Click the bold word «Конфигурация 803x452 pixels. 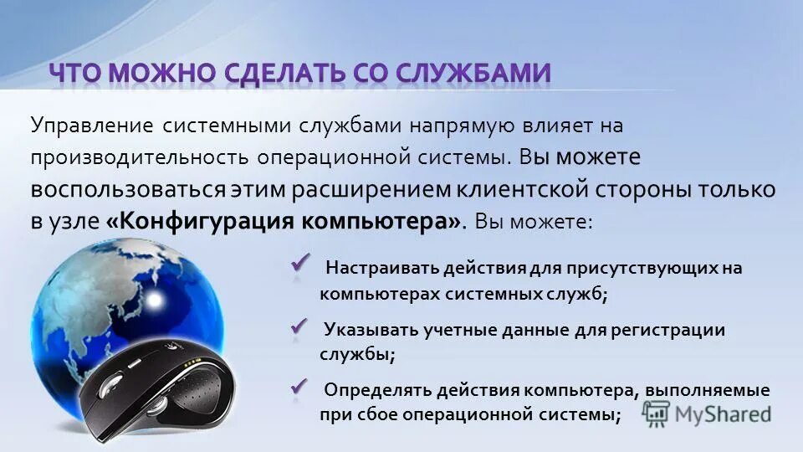click(199, 222)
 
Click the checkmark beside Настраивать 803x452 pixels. click(300, 264)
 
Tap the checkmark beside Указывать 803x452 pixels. click(299, 325)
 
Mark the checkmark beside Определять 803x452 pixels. click(299, 386)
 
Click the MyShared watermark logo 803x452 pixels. click(706, 413)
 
